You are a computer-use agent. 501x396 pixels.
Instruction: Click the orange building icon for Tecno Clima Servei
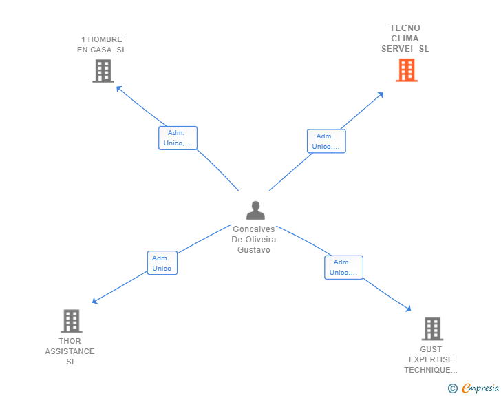[407, 70]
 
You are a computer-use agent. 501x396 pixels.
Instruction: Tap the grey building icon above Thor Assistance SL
[71, 321]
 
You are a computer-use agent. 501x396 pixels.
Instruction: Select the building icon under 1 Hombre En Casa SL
[103, 71]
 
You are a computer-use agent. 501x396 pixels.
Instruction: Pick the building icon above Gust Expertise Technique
[432, 329]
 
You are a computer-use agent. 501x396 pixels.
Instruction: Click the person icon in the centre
[255, 210]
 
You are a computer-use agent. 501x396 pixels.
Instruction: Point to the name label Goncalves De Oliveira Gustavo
[254, 240]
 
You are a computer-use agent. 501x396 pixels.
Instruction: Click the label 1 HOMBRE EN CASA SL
[102, 45]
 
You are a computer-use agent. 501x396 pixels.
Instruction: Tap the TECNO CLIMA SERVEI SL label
[405, 39]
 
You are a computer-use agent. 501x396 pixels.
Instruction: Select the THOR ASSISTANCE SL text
[70, 351]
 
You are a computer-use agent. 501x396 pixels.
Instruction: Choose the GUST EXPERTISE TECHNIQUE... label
[431, 359]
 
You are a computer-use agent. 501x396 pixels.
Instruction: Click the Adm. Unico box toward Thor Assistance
[162, 263]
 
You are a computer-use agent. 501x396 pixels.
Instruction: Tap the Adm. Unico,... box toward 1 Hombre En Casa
[178, 138]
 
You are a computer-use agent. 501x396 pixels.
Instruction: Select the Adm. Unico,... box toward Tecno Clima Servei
[326, 141]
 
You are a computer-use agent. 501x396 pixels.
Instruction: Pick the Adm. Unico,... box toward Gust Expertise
[343, 267]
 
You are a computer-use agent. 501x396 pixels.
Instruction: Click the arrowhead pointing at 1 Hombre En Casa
[118, 87]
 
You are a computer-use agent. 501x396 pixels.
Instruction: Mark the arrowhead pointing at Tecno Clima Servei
[381, 94]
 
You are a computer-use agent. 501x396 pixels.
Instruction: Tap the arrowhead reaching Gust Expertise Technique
[409, 310]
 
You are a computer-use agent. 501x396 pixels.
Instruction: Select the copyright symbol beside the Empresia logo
[453, 388]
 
